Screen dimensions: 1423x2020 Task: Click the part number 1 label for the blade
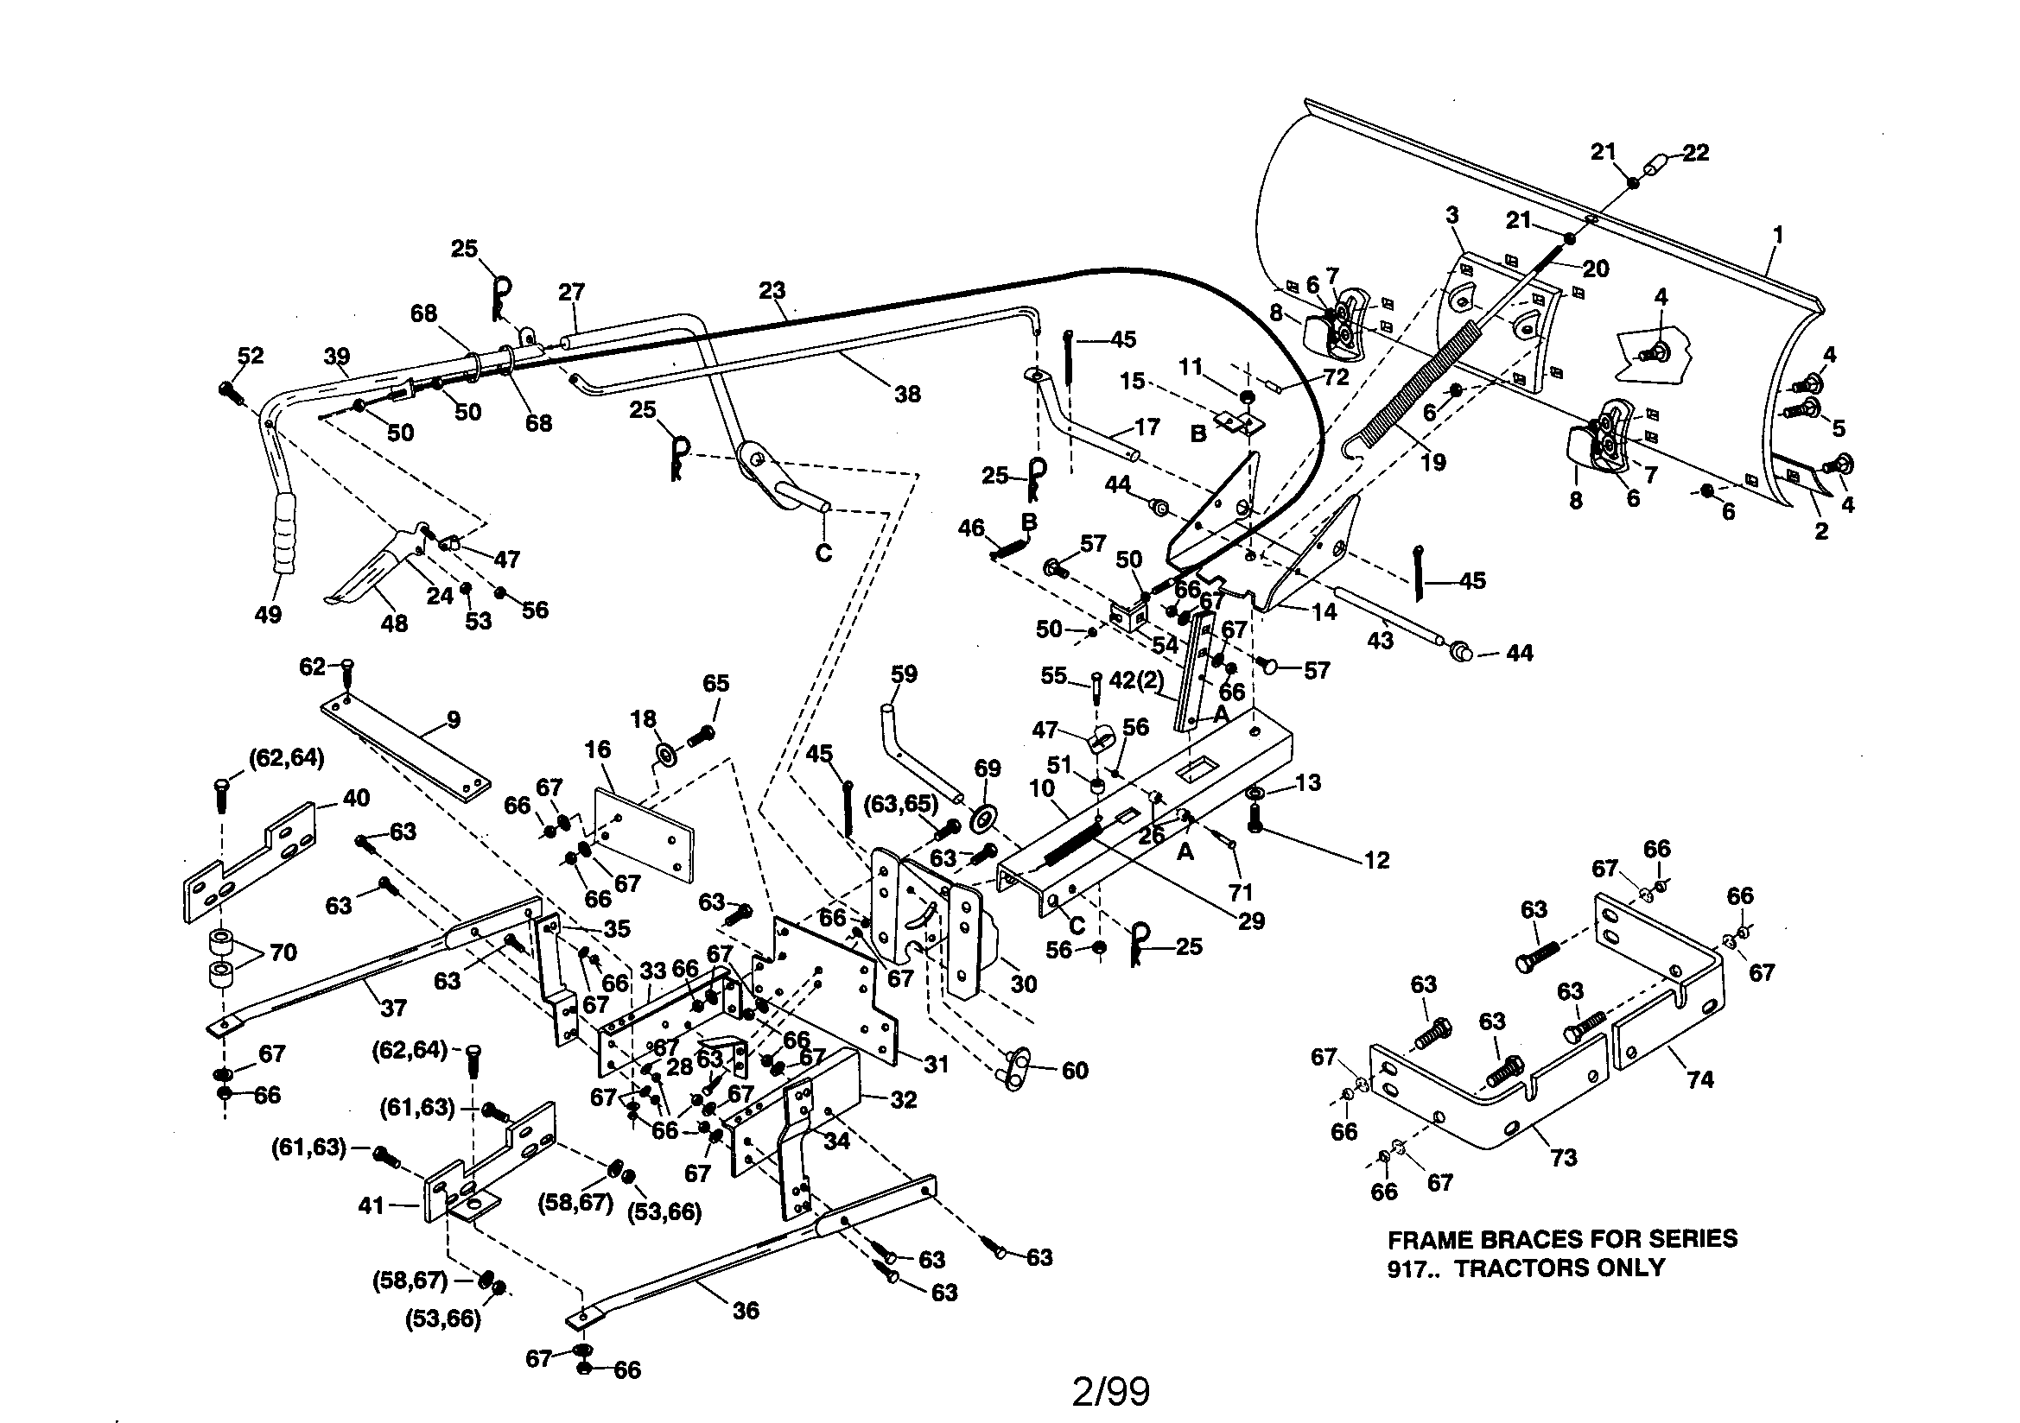[1778, 235]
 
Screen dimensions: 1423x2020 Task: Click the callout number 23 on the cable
[772, 290]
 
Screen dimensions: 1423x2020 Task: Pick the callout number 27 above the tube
[571, 292]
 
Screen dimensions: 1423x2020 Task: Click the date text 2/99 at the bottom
[1110, 1391]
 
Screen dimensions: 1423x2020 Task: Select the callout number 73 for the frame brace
[1564, 1157]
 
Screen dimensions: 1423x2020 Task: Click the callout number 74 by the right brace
[1699, 1079]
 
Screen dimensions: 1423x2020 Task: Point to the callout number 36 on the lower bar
[745, 1311]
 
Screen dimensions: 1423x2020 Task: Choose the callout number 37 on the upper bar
[393, 1008]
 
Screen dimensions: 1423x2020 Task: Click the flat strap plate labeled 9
[404, 748]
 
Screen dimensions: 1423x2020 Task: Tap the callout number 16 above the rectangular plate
[597, 749]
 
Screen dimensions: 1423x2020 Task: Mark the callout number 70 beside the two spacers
[283, 952]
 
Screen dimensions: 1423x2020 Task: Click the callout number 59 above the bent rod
[904, 674]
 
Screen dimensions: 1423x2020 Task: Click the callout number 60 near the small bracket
[1075, 1071]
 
